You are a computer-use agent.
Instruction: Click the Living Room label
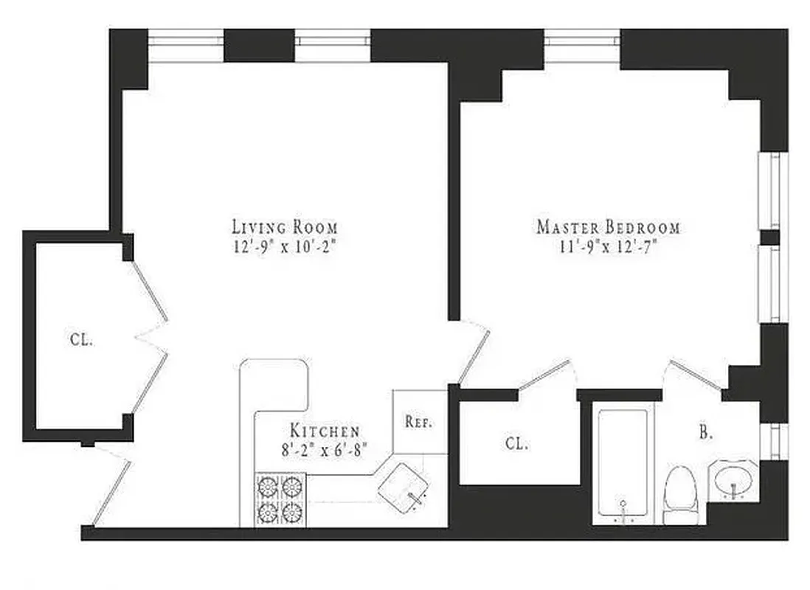(284, 226)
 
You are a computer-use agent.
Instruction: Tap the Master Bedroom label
(608, 227)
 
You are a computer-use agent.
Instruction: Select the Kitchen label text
(325, 431)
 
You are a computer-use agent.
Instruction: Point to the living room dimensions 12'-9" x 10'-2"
(284, 246)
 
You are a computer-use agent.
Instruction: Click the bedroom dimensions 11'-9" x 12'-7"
(608, 247)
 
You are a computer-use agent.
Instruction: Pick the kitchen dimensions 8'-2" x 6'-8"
(325, 448)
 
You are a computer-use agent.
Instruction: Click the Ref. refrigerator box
(419, 423)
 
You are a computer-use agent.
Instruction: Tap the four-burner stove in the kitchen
(280, 499)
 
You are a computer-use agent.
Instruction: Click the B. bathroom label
(706, 434)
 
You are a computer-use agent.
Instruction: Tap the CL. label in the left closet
(82, 341)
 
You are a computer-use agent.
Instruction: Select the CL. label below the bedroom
(516, 444)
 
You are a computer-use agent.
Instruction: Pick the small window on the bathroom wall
(772, 440)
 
